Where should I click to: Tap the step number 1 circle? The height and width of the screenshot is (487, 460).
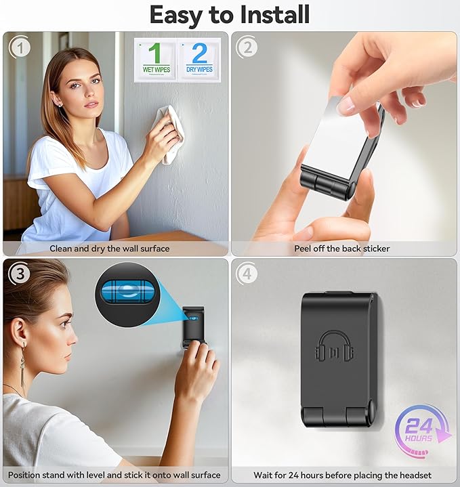[20, 47]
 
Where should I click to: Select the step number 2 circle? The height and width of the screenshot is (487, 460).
[247, 47]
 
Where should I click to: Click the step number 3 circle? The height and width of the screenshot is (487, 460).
[20, 274]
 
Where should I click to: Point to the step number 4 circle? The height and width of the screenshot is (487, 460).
[247, 274]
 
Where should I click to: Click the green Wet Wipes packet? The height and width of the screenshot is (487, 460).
[156, 60]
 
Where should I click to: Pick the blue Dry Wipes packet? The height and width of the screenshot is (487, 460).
[199, 60]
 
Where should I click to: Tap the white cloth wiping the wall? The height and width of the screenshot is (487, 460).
[171, 134]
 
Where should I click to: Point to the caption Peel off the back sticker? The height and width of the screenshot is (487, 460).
[342, 249]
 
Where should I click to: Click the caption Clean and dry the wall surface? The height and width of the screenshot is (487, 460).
[110, 249]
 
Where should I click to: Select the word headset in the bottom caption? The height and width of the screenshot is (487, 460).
[415, 475]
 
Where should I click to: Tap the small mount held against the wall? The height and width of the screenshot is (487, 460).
[194, 326]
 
